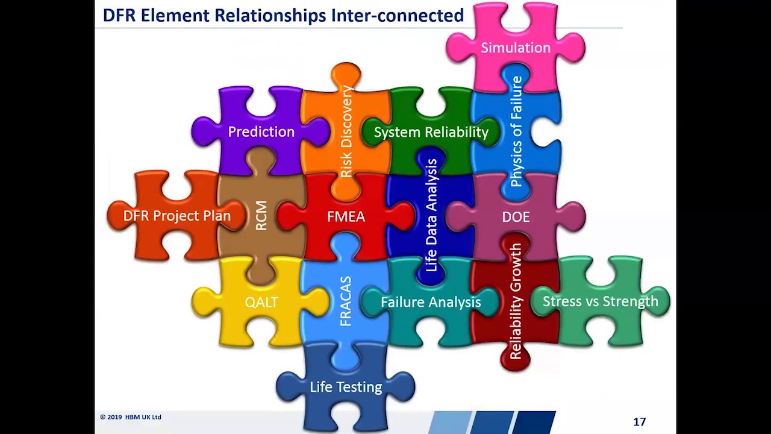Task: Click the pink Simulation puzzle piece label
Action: point(516,48)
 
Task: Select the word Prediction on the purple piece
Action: point(261,131)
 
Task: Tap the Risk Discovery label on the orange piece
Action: point(346,131)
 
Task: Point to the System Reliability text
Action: point(431,132)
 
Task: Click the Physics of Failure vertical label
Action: point(516,131)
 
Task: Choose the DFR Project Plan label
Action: point(177,216)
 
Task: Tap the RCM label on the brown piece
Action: point(261,216)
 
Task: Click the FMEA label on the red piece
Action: point(346,216)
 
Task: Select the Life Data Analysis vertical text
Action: point(431,215)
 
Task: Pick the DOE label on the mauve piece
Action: point(516,216)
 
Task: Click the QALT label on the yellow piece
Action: point(261,302)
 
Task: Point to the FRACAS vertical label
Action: point(346,301)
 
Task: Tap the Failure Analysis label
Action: point(431,302)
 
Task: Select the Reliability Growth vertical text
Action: point(516,301)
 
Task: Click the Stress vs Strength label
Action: point(601,301)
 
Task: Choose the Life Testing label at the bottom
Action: point(346,387)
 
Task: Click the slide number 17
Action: point(640,421)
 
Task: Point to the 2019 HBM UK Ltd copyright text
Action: point(131,417)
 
